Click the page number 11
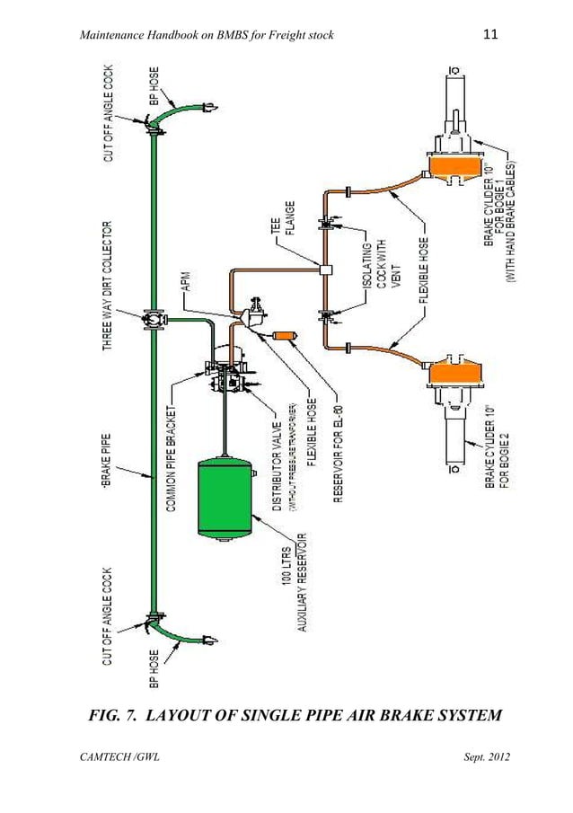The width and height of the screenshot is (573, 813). pyautogui.click(x=489, y=35)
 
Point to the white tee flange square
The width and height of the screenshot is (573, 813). pyautogui.click(x=325, y=268)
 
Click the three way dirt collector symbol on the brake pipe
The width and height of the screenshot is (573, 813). pyautogui.click(x=150, y=318)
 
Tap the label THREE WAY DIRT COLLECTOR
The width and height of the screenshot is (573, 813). pyautogui.click(x=107, y=284)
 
